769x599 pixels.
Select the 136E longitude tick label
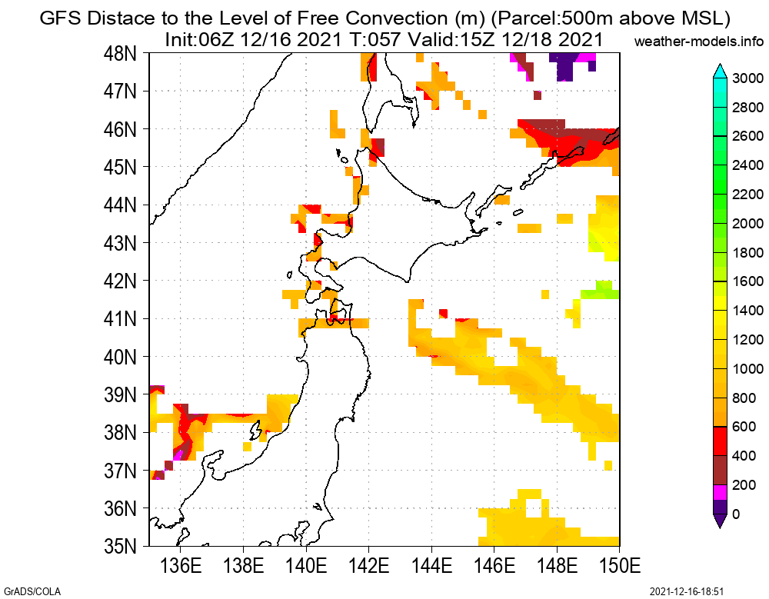click(x=181, y=567)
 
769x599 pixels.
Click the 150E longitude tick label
click(x=620, y=567)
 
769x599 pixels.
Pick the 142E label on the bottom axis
click(x=369, y=567)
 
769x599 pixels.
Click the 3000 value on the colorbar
click(x=747, y=78)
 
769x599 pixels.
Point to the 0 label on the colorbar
click(x=736, y=514)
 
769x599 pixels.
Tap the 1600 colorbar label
click(x=747, y=281)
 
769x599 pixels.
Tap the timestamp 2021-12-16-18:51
click(x=687, y=591)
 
